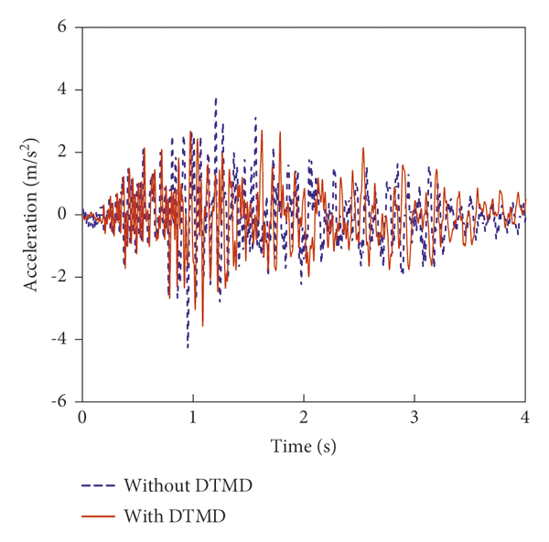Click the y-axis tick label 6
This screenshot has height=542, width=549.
click(x=62, y=27)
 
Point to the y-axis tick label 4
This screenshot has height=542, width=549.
click(x=62, y=90)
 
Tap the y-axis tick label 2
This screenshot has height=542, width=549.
click(x=62, y=152)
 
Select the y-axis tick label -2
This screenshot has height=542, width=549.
click(x=59, y=277)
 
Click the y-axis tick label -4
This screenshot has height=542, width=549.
click(x=59, y=339)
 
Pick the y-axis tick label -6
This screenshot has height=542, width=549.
click(x=59, y=401)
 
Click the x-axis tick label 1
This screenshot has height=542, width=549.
click(x=193, y=417)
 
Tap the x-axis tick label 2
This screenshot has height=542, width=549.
click(x=304, y=417)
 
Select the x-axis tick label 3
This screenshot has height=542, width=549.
click(x=414, y=417)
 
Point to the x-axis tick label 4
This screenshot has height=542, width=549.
click(x=525, y=417)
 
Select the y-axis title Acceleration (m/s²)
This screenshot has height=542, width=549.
click(x=32, y=214)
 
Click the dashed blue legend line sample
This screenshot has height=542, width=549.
click(x=99, y=485)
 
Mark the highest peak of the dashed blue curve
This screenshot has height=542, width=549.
click(x=216, y=98)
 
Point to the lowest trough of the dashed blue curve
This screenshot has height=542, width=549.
click(x=188, y=347)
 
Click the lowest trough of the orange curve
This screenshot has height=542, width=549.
click(x=202, y=325)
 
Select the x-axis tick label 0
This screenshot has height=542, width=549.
click(x=82, y=417)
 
